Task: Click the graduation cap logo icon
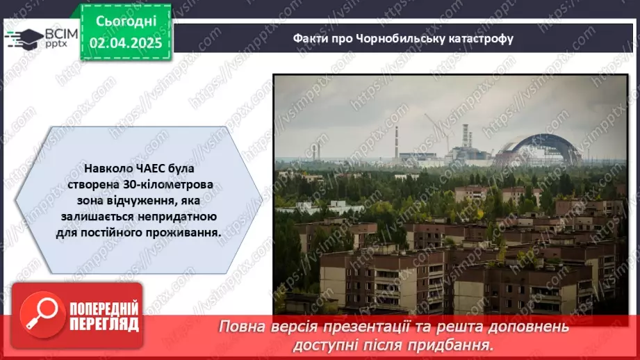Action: tap(22, 36)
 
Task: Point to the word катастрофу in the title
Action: tap(482, 39)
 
